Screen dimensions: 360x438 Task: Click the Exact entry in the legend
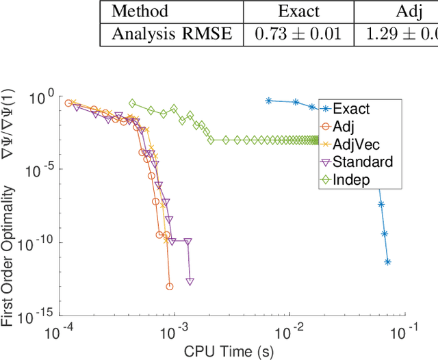[350, 109]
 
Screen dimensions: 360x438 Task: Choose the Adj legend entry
[344, 127]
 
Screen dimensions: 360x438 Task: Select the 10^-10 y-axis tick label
[40, 243]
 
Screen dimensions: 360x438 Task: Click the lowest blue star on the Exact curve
[388, 261]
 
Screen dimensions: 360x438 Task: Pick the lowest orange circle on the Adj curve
[170, 286]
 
